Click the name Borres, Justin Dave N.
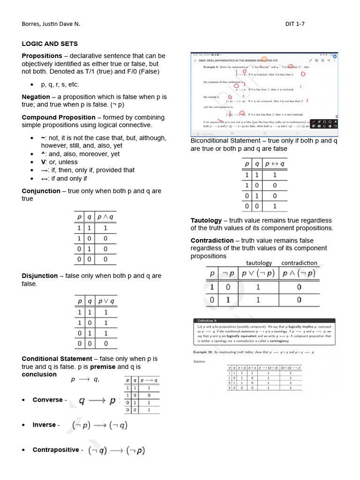(54, 23)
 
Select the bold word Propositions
(42, 56)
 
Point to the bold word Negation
(36, 97)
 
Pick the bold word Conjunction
(41, 191)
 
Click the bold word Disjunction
(40, 276)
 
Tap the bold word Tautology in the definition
(206, 220)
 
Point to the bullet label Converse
(47, 400)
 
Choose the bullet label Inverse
(44, 425)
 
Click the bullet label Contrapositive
(55, 450)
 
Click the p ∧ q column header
(105, 217)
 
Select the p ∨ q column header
(105, 301)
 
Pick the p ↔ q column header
(275, 164)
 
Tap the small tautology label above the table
(259, 263)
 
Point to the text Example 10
(203, 352)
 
